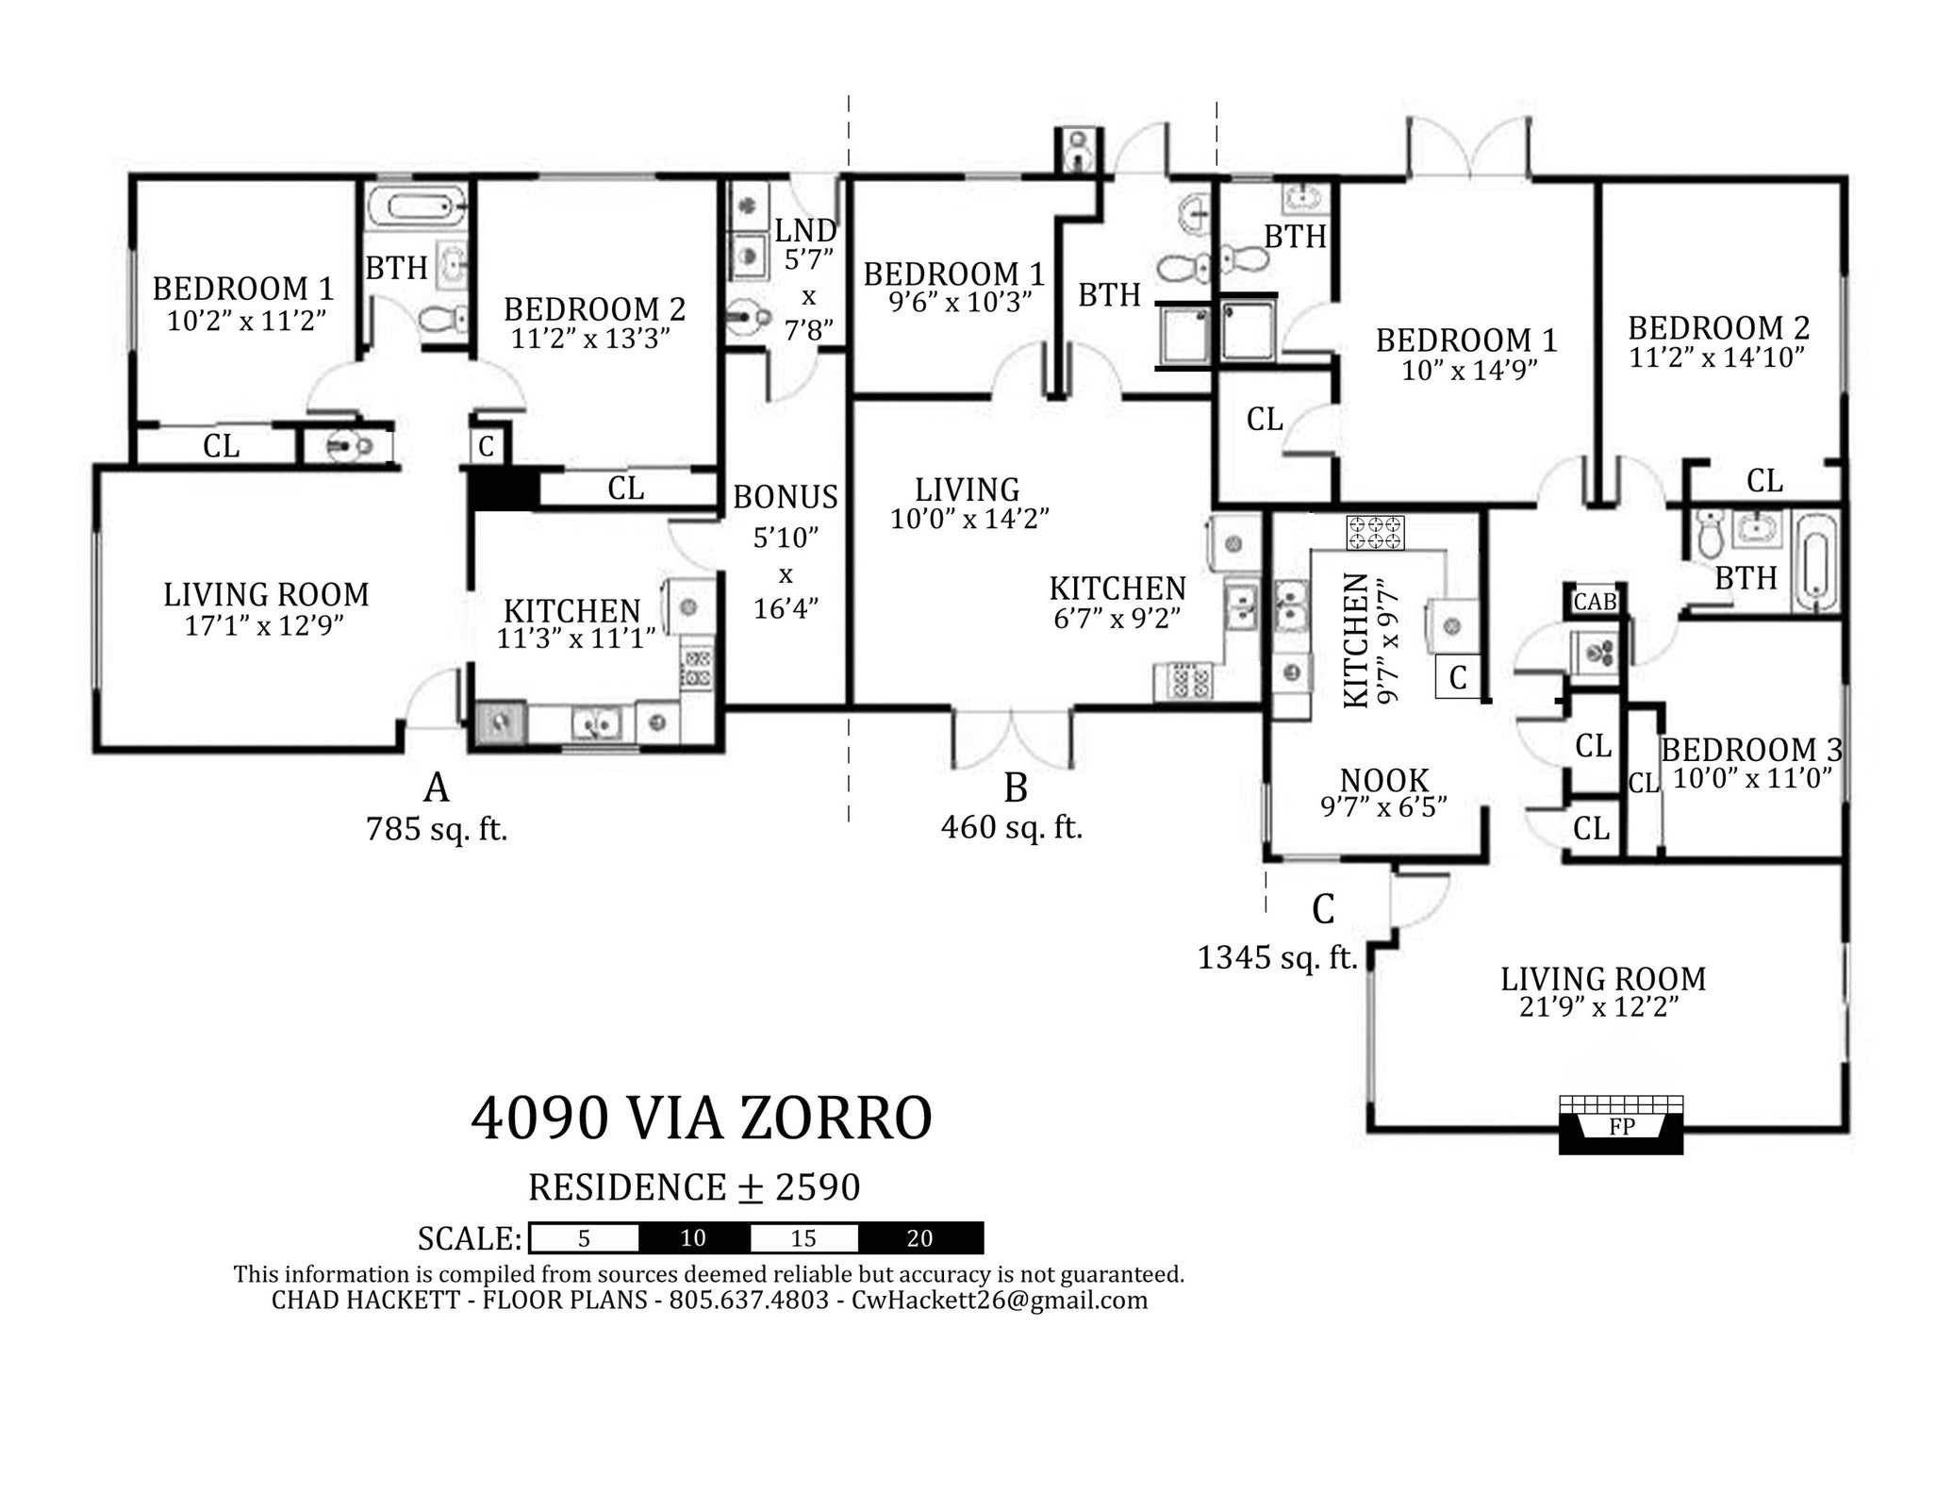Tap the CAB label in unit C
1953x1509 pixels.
tap(1595, 601)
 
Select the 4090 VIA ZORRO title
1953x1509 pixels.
tap(702, 1119)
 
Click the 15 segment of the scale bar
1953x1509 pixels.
tap(803, 1238)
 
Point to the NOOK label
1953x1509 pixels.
tap(1384, 780)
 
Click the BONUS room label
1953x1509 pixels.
tap(786, 496)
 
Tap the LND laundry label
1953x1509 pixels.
tap(806, 230)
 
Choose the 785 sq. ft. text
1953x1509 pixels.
tap(437, 829)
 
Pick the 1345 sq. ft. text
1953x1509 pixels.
tap(1277, 957)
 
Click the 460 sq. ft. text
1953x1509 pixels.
tap(1012, 827)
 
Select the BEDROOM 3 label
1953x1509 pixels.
tap(1751, 750)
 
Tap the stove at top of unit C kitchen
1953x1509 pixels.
tap(1375, 533)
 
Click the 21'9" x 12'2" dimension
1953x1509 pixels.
tap(1599, 1007)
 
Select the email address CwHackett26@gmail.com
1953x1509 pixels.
tap(1000, 1301)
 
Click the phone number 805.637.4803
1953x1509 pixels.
tap(749, 1301)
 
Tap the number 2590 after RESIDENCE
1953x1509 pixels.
tap(818, 1187)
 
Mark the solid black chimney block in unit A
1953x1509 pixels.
tap(505, 489)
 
